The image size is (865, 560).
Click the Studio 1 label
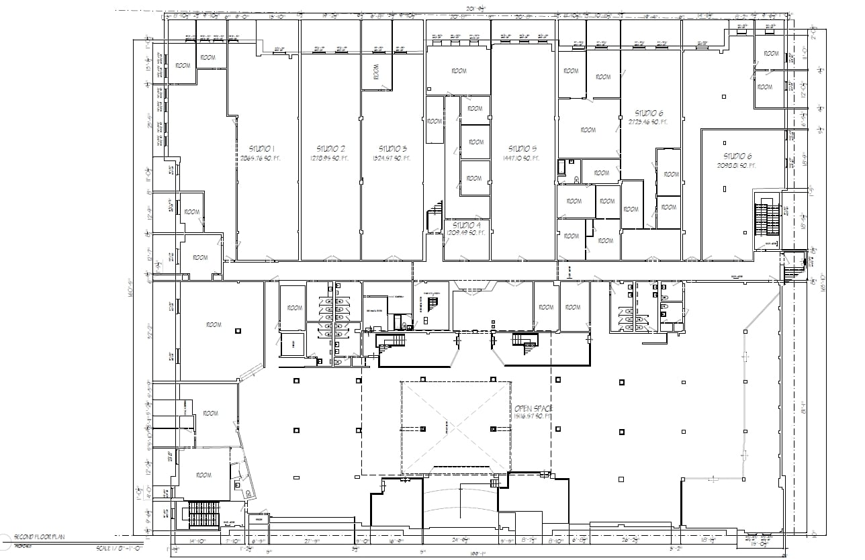coord(262,148)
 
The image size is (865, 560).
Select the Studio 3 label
coord(393,148)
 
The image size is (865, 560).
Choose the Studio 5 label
coord(522,148)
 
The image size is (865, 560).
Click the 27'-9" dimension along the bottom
coord(311,541)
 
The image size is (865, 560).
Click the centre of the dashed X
coord(455,427)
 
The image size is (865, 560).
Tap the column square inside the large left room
coord(238,330)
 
